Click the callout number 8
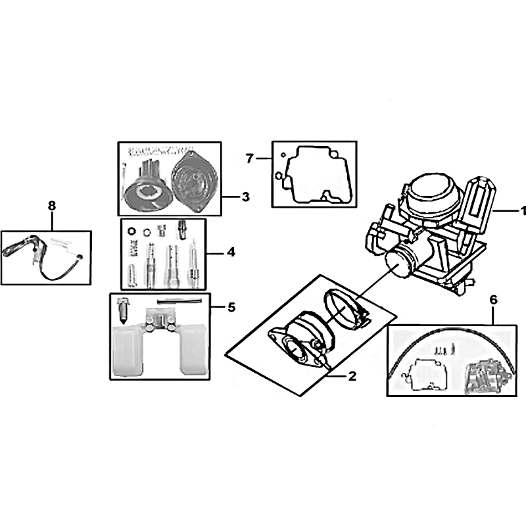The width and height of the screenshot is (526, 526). point(52,206)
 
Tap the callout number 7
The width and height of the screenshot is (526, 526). point(249,158)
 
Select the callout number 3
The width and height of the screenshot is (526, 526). point(246,197)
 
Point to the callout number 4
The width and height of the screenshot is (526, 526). point(231,252)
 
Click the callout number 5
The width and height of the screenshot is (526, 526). point(232,307)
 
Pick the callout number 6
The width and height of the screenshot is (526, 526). point(494,300)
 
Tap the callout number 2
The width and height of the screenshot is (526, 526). point(352,376)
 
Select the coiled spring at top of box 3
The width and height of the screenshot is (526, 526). point(161,150)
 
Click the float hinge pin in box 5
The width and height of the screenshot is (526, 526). point(179,301)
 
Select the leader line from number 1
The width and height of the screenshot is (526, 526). point(506,210)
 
